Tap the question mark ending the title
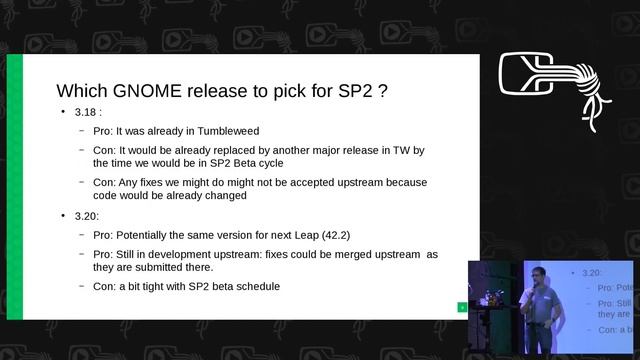coord(383,90)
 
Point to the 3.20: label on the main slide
coord(88,216)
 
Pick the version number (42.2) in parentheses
coord(329,235)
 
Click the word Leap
coord(292,235)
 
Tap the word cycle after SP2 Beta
coord(270,163)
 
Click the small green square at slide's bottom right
coord(462,307)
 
